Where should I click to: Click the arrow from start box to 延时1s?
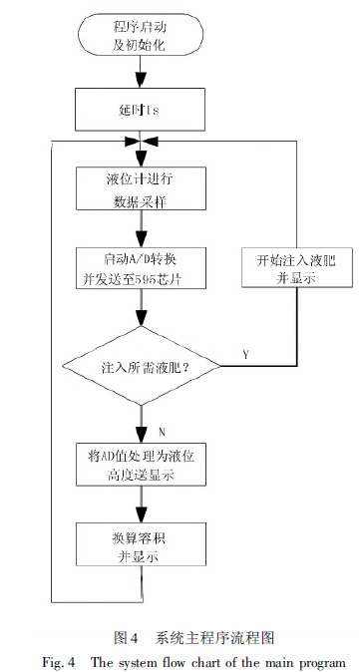142,71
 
